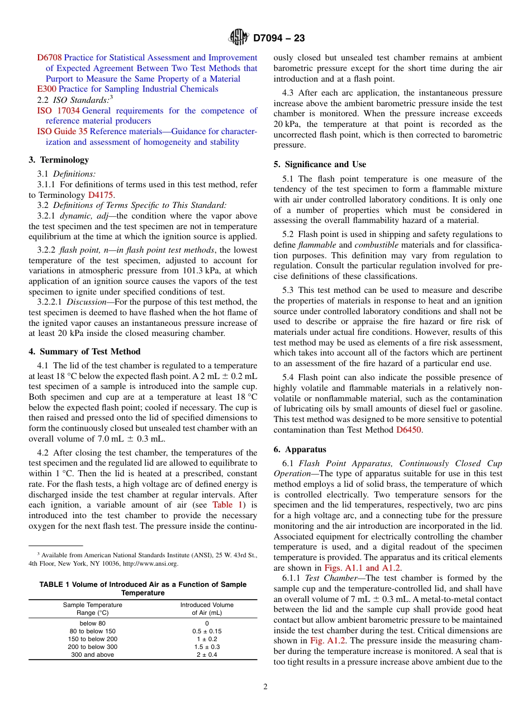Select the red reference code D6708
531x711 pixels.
50,58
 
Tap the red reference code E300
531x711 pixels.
46,89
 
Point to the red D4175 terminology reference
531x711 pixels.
101,195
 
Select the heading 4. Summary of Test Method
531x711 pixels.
84,352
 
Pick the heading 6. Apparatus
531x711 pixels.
300,449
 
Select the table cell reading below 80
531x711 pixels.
92,623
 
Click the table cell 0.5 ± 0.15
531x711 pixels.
207,631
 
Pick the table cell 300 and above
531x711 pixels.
92,655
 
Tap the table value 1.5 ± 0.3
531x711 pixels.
207,647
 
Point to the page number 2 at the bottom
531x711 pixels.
265,687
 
